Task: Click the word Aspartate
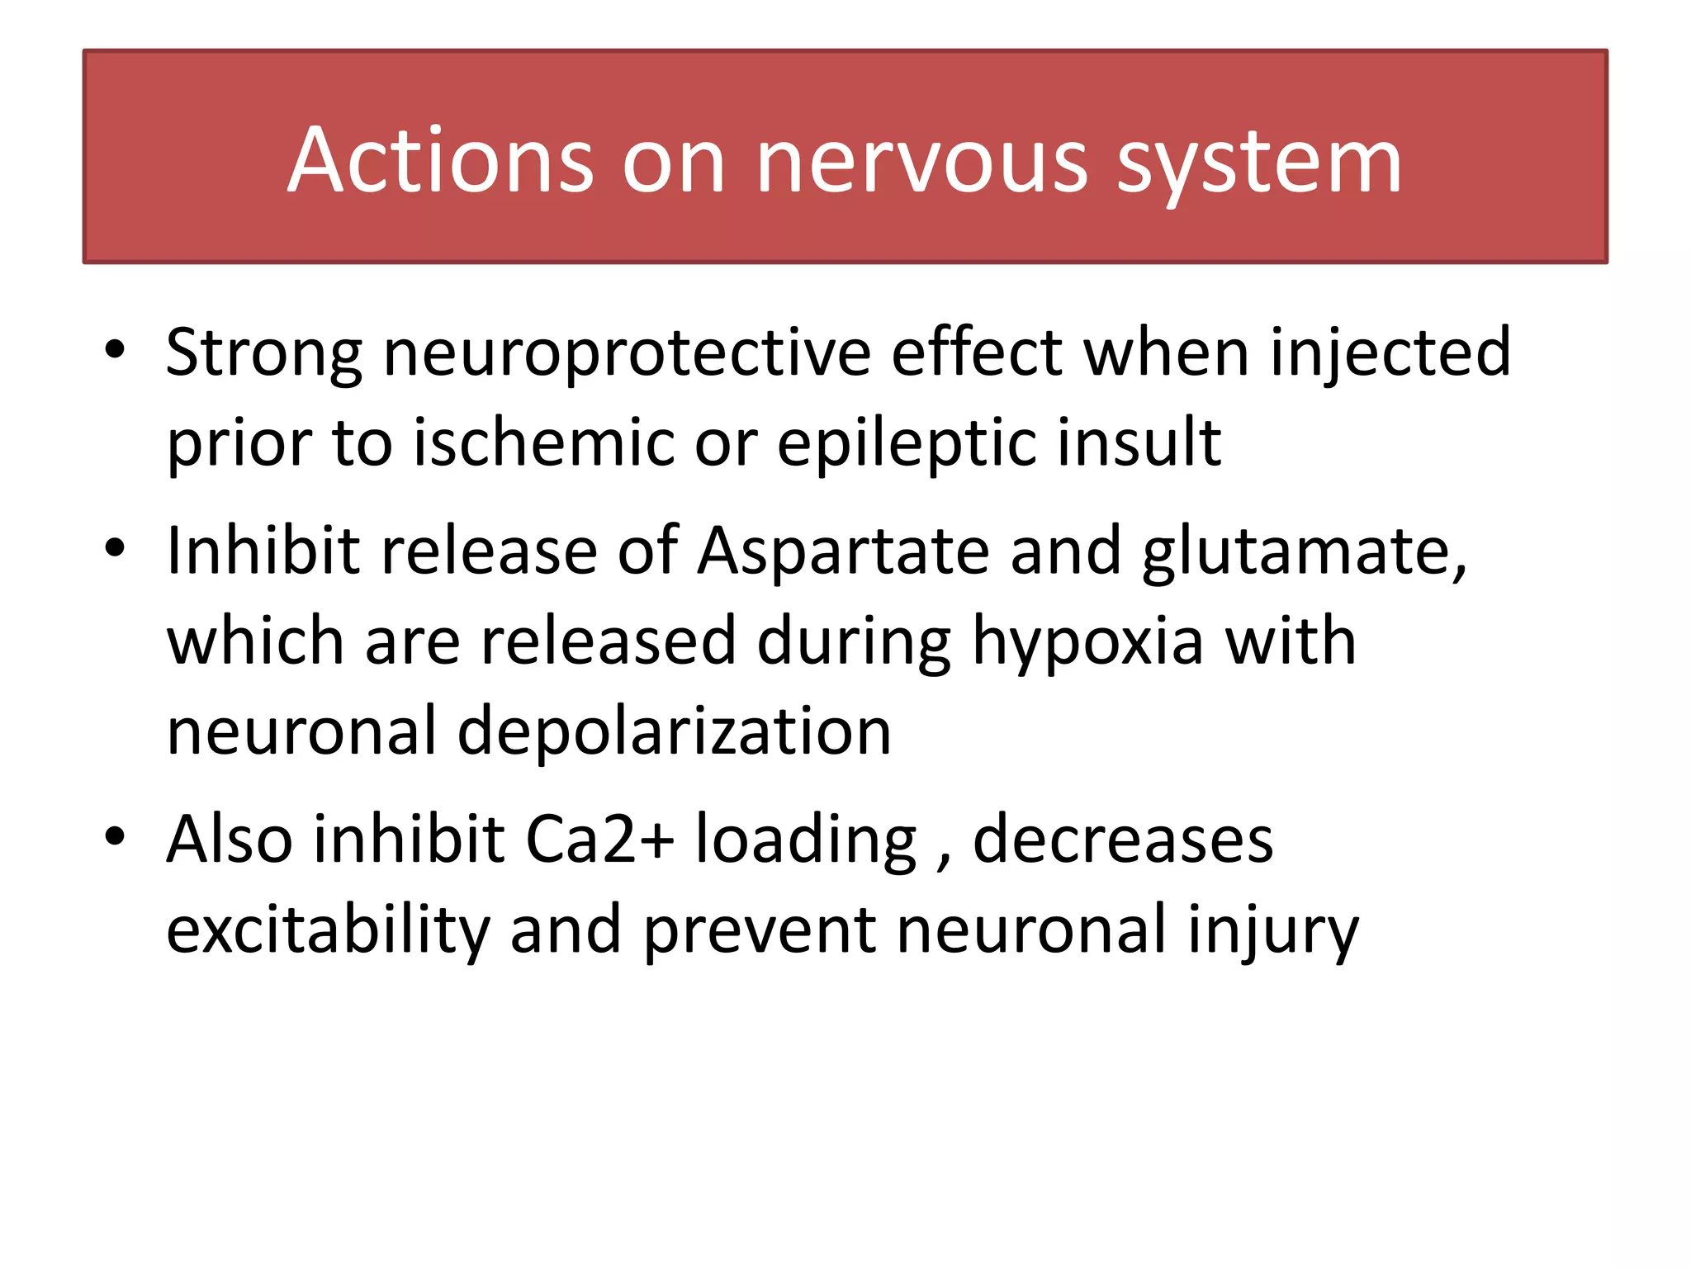[x=843, y=551]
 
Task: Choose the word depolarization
[x=674, y=733]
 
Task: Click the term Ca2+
[x=599, y=840]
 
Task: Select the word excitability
[x=328, y=931]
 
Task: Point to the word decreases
[x=1123, y=840]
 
